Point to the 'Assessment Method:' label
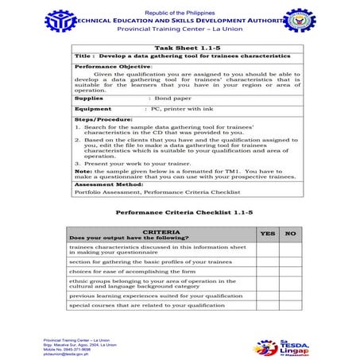[108, 184]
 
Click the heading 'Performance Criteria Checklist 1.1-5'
[184, 213]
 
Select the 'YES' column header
[268, 234]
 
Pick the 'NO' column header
[291, 234]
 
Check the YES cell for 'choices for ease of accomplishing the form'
[268, 271]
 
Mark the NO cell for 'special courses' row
[291, 304]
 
